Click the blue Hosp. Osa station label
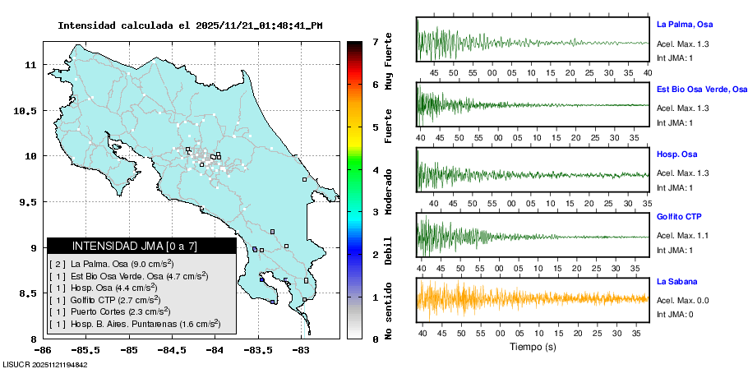click(x=677, y=154)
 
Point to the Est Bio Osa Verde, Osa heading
click(x=701, y=89)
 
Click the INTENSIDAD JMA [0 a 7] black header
click(x=141, y=246)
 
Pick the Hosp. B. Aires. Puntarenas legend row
click(x=135, y=324)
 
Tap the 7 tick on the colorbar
click(x=375, y=41)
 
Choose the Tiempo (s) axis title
click(x=532, y=347)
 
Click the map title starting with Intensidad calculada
click(x=190, y=25)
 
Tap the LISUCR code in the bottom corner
click(x=45, y=365)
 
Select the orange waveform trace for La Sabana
click(x=532, y=298)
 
